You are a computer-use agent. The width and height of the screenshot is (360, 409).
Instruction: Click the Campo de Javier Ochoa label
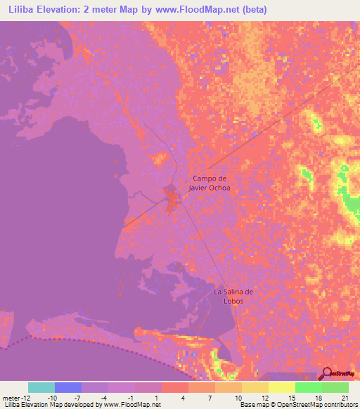tap(211, 183)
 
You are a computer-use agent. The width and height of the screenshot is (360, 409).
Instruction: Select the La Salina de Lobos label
tap(233, 296)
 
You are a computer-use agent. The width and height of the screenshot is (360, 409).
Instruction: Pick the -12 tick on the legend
tap(25, 397)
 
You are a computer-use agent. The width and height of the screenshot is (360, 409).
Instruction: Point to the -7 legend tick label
tap(82, 397)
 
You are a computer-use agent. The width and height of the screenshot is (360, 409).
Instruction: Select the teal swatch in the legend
tap(41, 387)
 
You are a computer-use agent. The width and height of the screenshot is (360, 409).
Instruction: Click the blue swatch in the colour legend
tap(68, 387)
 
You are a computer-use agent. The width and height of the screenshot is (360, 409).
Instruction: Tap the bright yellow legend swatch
tap(282, 387)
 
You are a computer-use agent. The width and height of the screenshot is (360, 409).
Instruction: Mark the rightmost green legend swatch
tap(335, 387)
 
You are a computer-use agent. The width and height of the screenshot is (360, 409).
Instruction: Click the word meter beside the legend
tap(11, 397)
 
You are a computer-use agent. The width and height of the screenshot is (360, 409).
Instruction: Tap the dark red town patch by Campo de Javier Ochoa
tap(172, 198)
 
